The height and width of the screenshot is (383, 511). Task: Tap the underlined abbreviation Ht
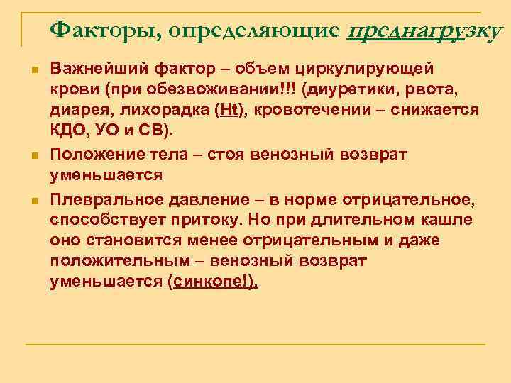(x=231, y=111)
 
